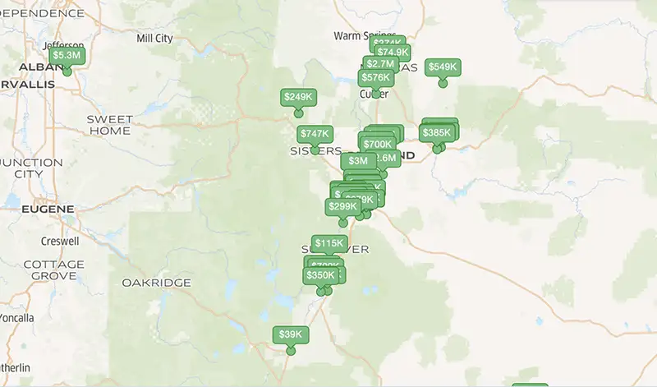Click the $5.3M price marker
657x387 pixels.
(x=67, y=55)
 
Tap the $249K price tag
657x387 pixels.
(x=298, y=97)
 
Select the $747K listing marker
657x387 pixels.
(x=315, y=134)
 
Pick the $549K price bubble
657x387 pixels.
(x=443, y=67)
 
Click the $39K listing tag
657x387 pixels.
(x=291, y=335)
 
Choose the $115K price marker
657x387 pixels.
(x=329, y=243)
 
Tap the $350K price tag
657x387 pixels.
(x=320, y=275)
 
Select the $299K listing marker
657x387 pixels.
(x=342, y=207)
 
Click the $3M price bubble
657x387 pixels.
(x=357, y=160)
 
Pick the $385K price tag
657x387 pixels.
(x=437, y=133)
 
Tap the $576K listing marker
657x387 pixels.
(x=374, y=78)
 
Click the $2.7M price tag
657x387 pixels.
(x=380, y=64)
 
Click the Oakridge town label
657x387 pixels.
(x=156, y=283)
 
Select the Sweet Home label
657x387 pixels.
(x=109, y=125)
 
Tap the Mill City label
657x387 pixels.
(x=155, y=38)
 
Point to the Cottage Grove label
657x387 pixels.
(x=54, y=270)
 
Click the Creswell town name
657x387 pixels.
(x=60, y=242)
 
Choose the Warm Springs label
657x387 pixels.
(x=360, y=35)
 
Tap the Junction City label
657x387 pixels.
(x=31, y=168)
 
